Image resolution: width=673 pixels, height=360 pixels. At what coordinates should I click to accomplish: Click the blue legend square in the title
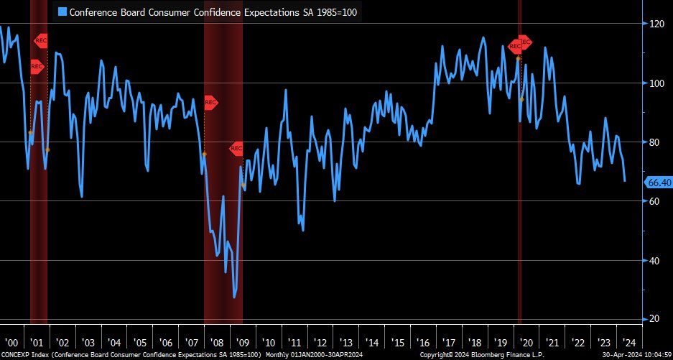tap(62, 11)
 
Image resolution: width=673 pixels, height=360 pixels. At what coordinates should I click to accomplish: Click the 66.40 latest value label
tap(659, 183)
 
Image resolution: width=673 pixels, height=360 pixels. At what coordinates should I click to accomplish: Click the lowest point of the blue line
tap(234, 297)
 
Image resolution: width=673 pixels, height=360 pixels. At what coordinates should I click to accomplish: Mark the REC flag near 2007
tap(210, 103)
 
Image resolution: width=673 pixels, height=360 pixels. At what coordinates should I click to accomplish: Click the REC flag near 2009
tap(237, 149)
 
